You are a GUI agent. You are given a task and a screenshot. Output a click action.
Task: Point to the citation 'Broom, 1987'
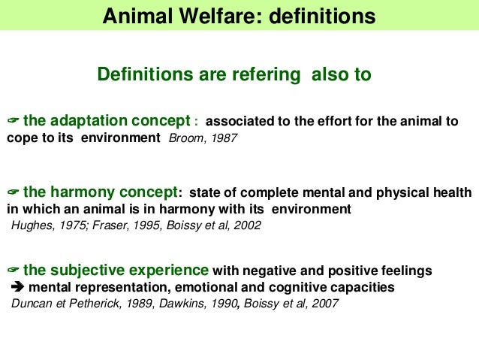point(203,138)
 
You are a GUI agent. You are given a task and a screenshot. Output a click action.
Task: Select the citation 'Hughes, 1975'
point(45,225)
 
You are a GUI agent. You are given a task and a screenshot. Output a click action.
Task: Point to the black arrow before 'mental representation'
point(17,287)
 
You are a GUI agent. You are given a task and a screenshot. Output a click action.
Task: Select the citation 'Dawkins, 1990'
point(197,304)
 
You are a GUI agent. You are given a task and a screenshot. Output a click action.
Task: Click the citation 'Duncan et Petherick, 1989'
point(77,304)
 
